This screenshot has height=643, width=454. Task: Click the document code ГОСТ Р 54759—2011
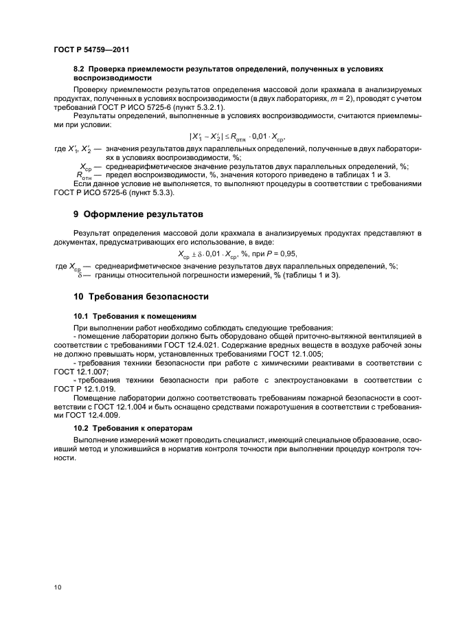91,49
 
